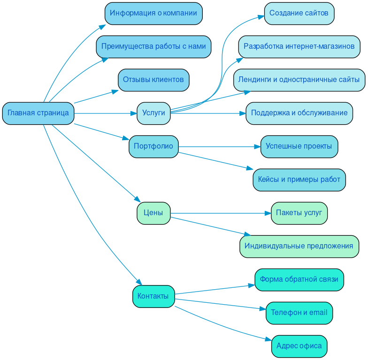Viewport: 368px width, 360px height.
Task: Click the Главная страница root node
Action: click(x=38, y=113)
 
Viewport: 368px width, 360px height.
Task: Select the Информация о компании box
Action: click(x=153, y=13)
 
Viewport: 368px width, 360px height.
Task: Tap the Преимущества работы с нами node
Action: click(x=153, y=47)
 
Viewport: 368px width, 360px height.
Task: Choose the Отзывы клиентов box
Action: click(x=153, y=80)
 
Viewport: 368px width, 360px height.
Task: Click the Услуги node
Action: click(x=153, y=113)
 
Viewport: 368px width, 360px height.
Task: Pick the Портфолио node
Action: click(x=153, y=146)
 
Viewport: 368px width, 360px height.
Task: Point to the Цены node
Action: click(x=153, y=213)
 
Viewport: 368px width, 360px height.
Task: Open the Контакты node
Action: click(x=153, y=296)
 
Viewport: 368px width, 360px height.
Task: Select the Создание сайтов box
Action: click(x=299, y=13)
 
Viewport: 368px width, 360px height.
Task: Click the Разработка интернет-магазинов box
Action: click(x=299, y=47)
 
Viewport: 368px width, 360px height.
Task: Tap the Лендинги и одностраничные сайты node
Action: click(x=299, y=80)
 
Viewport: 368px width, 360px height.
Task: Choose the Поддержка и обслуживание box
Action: click(x=299, y=113)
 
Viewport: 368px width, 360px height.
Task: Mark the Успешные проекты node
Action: click(x=299, y=146)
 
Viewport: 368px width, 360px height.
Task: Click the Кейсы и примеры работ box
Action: click(x=299, y=180)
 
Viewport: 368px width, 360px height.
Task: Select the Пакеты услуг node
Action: click(x=299, y=213)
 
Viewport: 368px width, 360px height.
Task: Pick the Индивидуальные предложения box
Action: click(x=299, y=246)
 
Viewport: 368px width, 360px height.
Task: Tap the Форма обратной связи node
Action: click(x=299, y=279)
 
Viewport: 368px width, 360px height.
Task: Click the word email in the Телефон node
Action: click(x=318, y=313)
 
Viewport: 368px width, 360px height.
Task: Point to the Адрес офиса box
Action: click(x=299, y=346)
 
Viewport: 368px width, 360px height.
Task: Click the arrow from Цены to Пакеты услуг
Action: click(x=221, y=213)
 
